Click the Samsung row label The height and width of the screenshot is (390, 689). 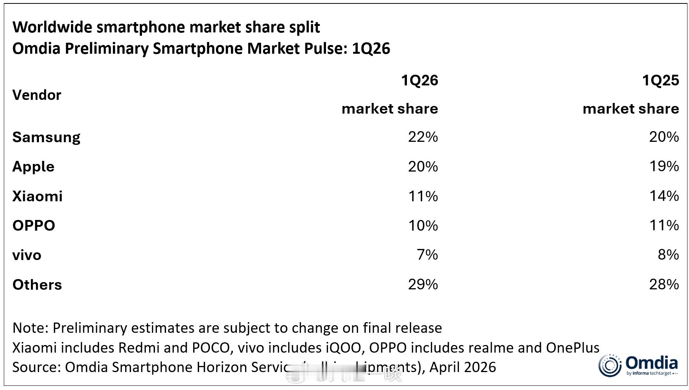pos(46,137)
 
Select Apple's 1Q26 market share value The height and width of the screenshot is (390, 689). pos(423,167)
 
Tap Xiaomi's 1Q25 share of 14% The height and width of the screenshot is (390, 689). pos(664,196)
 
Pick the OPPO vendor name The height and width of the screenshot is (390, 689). pos(34,226)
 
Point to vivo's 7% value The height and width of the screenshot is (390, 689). pos(427,255)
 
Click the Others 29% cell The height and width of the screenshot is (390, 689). pos(423,284)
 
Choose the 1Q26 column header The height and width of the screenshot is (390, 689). pos(419,80)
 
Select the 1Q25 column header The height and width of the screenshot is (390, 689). pos(660,80)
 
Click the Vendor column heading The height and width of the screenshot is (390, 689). pos(37,95)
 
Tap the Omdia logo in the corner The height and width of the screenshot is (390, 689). pos(638,365)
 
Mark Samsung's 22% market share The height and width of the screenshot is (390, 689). pos(423,137)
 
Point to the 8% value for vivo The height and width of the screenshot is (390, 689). pos(668,255)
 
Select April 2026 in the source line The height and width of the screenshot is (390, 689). pos(463,367)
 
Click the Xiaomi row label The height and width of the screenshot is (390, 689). pos(37,196)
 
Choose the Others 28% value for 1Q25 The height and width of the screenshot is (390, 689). pos(664,284)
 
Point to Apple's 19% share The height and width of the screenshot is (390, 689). pos(664,167)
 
